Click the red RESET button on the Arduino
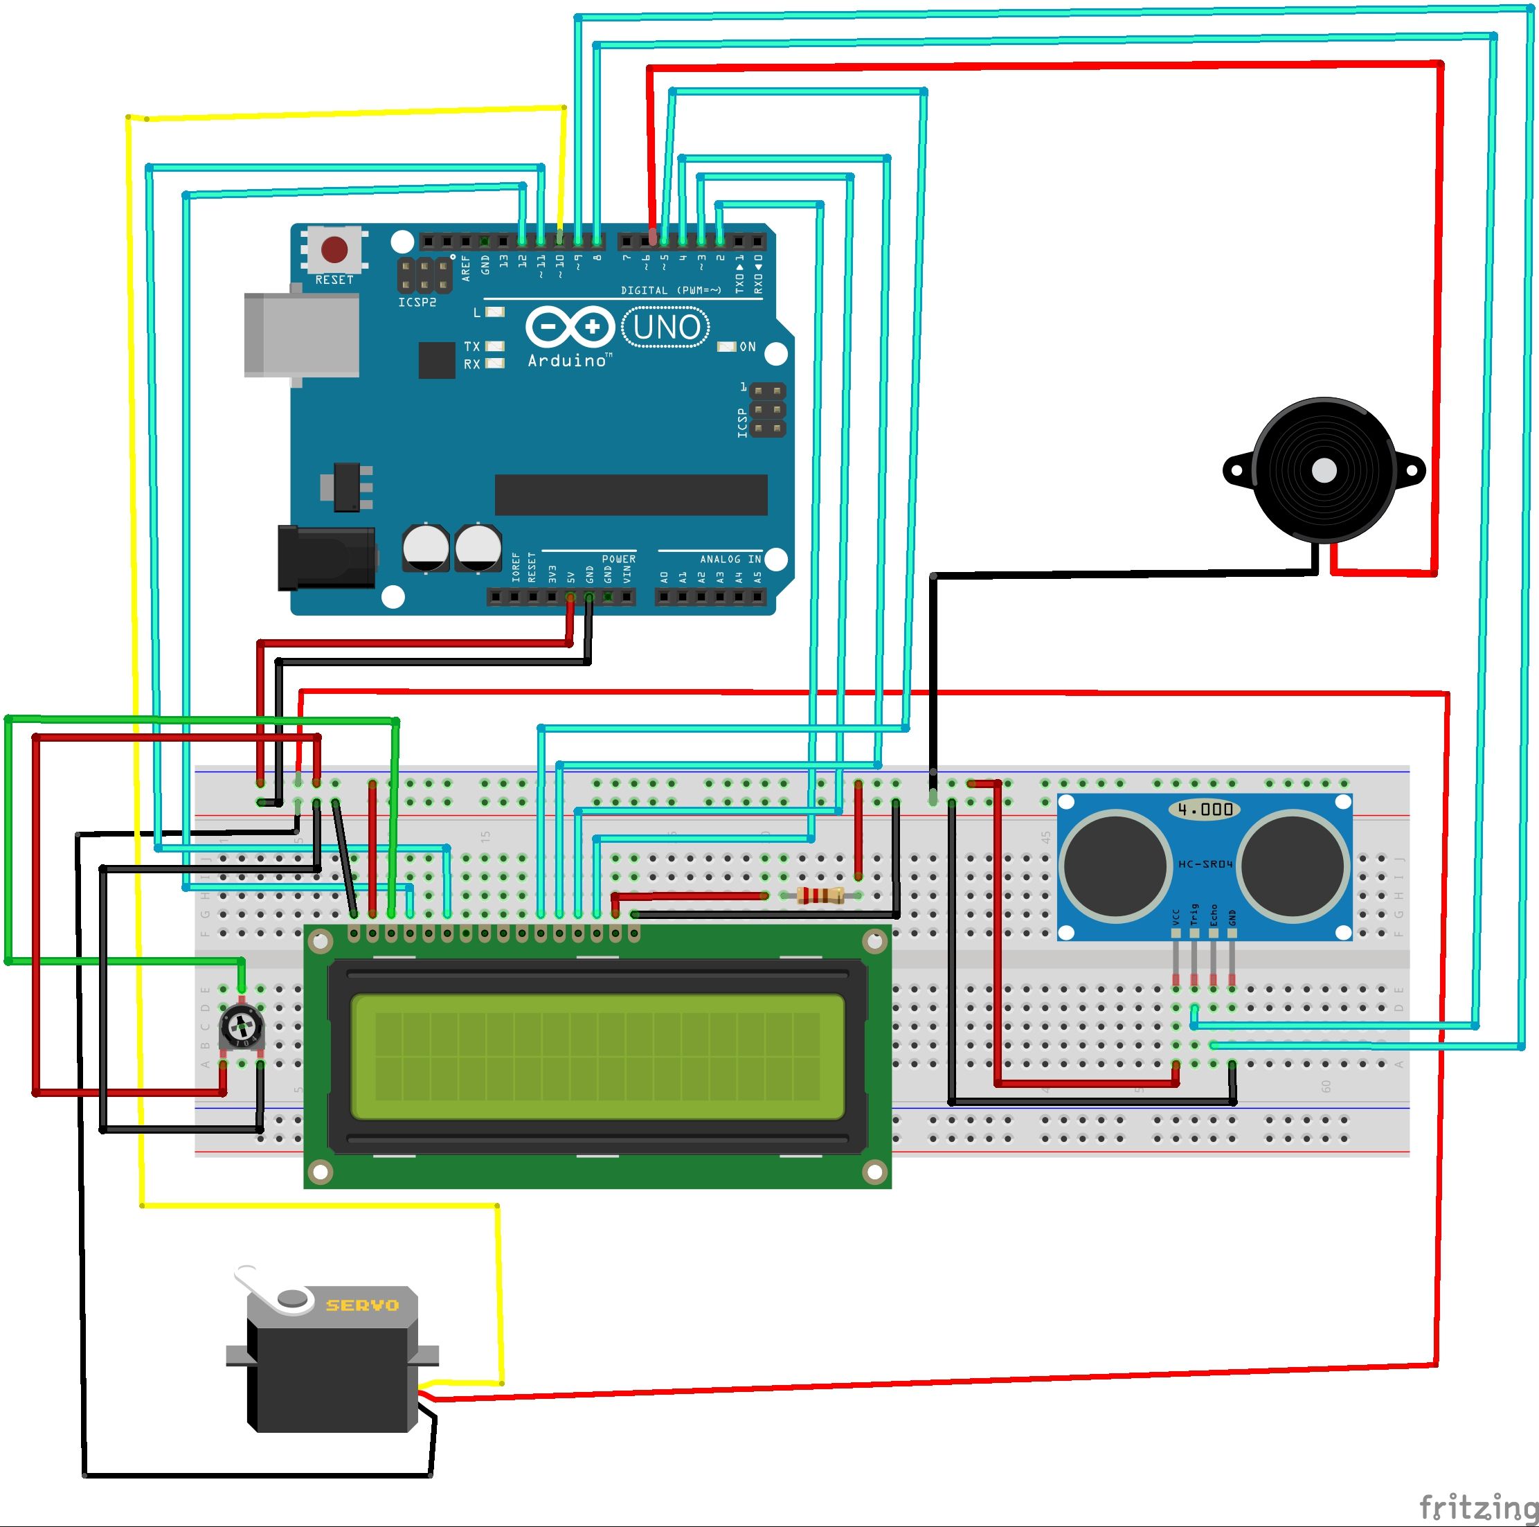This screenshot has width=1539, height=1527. (334, 249)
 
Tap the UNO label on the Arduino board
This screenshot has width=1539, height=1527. (666, 328)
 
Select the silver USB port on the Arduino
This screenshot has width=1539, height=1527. (301, 334)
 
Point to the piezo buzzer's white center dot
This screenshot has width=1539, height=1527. (1324, 470)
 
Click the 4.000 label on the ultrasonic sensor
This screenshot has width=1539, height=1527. (1205, 810)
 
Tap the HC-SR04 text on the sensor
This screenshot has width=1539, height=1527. (1205, 864)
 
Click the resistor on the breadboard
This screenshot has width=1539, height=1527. (820, 895)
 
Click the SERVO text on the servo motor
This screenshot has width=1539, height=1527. (363, 1305)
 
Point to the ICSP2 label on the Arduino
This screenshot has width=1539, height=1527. (417, 303)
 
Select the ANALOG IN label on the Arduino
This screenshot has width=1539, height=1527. (730, 560)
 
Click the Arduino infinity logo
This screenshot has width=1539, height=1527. (569, 327)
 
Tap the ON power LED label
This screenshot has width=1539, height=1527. (747, 347)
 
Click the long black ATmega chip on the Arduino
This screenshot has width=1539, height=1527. (631, 495)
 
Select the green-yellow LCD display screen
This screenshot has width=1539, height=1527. (597, 1056)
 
